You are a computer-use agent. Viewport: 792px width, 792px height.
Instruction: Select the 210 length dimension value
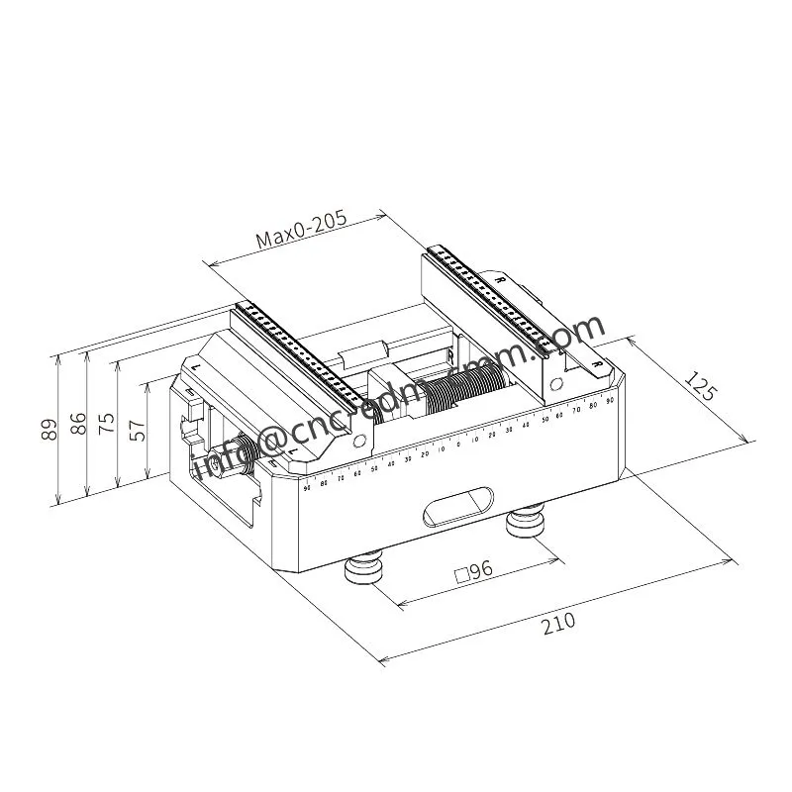coord(558,624)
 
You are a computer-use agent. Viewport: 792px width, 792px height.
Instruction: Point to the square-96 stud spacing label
coord(472,571)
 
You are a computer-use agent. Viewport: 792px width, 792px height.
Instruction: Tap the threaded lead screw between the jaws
coord(465,386)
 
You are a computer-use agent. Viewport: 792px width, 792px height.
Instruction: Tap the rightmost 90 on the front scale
coord(610,399)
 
